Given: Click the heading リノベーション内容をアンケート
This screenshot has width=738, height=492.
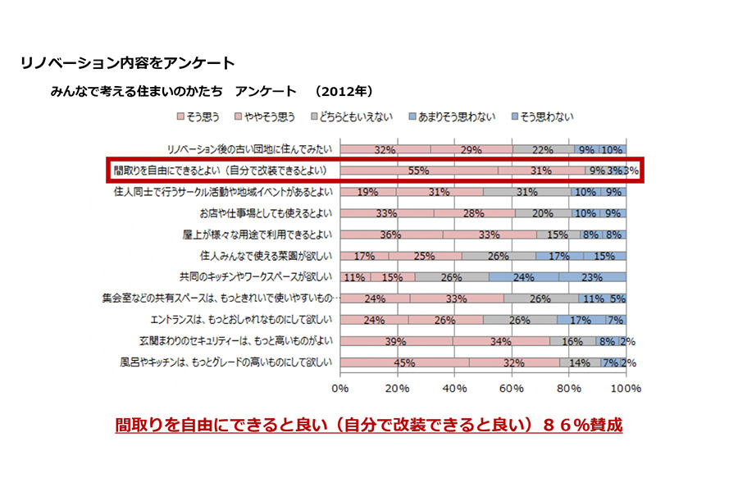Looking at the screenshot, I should click(127, 62).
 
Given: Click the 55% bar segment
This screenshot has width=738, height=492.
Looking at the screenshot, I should click(419, 171).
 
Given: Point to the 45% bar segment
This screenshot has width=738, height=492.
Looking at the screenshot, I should click(404, 362).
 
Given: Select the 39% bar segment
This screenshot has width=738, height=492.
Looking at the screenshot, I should click(396, 341).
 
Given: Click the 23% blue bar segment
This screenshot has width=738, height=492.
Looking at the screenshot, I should click(593, 277).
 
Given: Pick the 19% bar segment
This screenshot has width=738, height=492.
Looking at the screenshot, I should click(367, 192).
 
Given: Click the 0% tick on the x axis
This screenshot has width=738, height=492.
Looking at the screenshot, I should click(340, 386).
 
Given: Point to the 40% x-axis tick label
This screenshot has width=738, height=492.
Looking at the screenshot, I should click(454, 386).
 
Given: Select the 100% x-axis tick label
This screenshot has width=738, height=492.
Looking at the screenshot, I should click(626, 386).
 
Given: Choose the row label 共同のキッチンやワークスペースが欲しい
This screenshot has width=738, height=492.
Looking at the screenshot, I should click(249, 277).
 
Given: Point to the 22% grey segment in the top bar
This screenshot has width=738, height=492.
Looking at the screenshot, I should click(542, 150).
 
